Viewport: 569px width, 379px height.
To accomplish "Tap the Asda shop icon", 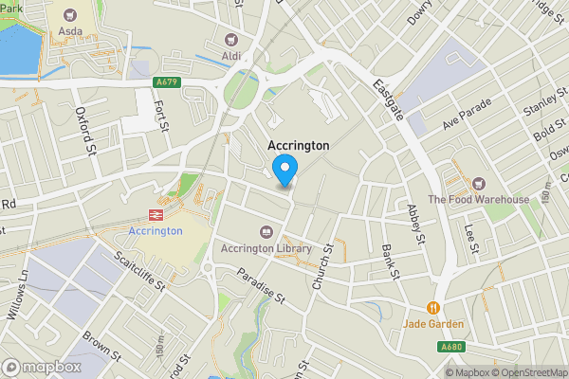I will (x=70, y=15).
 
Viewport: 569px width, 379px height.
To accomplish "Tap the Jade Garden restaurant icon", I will (x=433, y=307).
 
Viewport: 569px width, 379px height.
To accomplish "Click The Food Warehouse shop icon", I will (x=478, y=183).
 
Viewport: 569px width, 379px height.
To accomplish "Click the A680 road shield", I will (x=452, y=348).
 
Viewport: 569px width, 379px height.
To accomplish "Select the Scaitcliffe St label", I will (x=139, y=270).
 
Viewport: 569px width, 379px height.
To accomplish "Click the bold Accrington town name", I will (x=299, y=146).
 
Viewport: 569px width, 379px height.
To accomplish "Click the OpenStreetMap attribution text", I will (x=529, y=372).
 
